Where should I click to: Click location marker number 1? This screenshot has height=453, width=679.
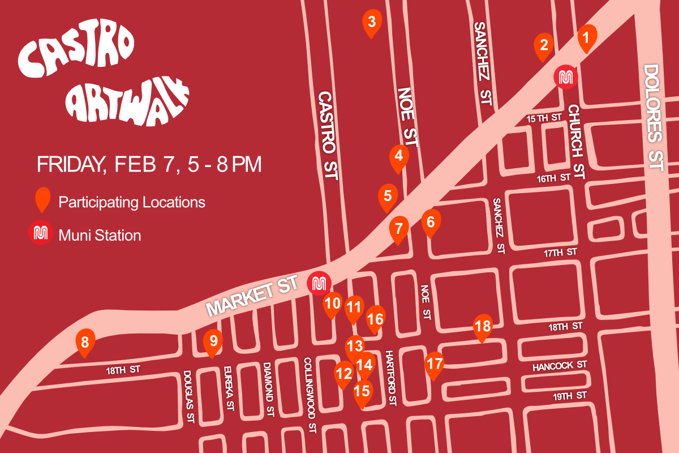[586, 38]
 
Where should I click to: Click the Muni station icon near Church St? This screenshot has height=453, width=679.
[565, 77]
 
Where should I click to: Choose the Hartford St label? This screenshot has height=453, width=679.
[391, 378]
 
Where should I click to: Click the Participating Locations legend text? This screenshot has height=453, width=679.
[132, 202]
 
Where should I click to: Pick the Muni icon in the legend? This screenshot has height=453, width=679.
[40, 234]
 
